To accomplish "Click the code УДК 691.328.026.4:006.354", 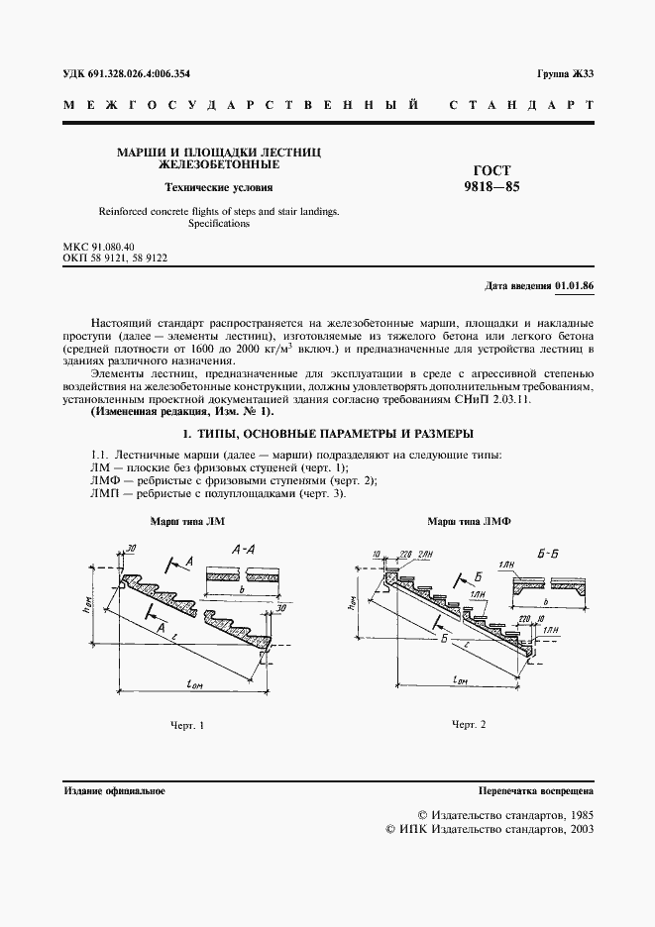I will [x=126, y=74].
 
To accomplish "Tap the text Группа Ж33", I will [x=565, y=74].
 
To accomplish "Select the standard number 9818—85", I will [x=492, y=185].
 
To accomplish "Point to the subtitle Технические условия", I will [x=218, y=187].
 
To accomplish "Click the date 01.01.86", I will [x=575, y=286].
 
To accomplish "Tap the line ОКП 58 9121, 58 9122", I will [x=115, y=257].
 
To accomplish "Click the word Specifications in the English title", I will [x=218, y=224].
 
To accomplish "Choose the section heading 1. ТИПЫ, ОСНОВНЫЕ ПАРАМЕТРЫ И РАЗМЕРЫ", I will [x=328, y=434].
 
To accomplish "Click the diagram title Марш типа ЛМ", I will [x=187, y=521].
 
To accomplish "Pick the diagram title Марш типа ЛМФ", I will [x=461, y=521].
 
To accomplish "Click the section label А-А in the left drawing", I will [x=245, y=548].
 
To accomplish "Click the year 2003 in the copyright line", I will [x=578, y=830].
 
